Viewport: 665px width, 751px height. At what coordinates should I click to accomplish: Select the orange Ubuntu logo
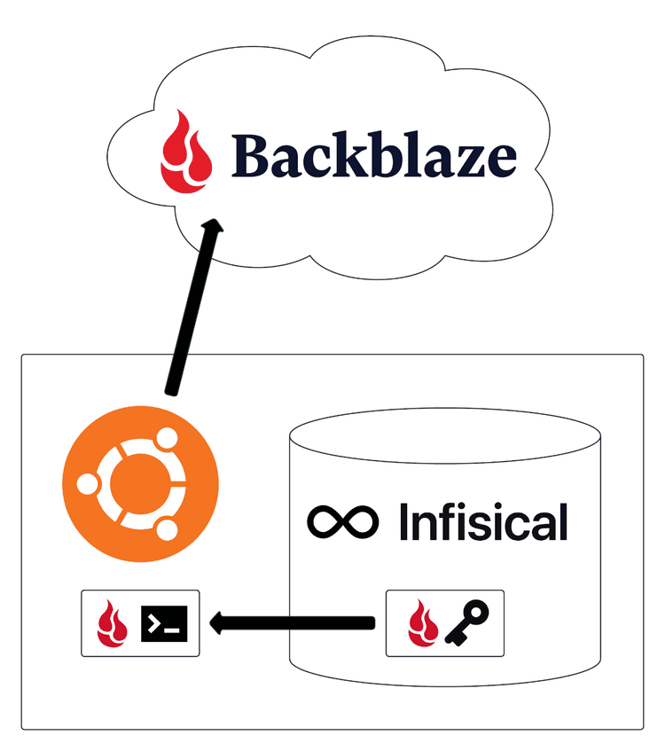[141, 483]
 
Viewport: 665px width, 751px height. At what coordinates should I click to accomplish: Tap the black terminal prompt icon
[165, 623]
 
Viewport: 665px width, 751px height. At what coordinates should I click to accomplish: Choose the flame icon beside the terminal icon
[114, 623]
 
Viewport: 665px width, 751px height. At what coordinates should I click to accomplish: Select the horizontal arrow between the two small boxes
[293, 623]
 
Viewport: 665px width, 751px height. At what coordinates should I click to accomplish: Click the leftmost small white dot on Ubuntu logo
[87, 484]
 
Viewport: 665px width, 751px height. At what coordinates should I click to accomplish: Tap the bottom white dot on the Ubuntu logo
[165, 529]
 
